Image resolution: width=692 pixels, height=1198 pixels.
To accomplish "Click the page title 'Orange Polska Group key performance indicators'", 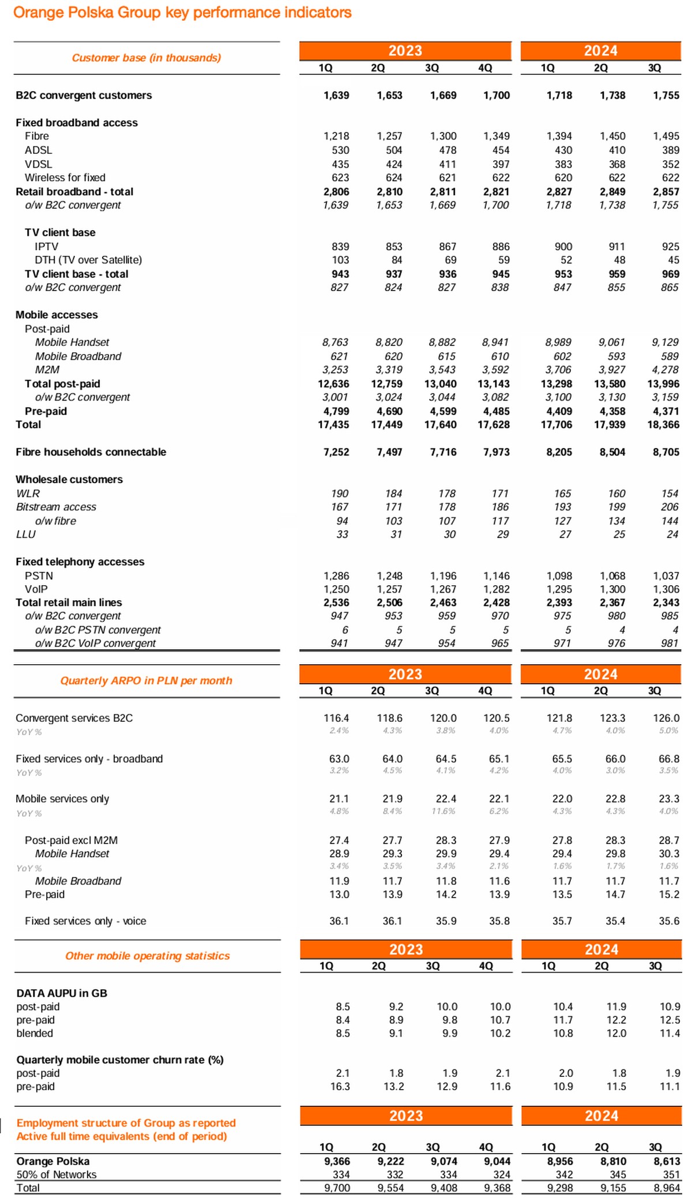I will [182, 13].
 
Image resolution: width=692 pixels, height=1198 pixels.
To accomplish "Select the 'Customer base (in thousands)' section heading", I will [146, 58].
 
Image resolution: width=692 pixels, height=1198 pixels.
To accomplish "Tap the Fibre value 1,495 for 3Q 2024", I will [666, 136].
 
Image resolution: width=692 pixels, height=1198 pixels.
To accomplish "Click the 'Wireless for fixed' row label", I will [65, 178].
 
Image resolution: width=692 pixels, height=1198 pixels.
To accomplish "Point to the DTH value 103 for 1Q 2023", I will [340, 260].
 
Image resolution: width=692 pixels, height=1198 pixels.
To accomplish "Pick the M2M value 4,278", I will [665, 370].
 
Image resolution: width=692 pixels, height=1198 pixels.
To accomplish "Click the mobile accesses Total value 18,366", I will [663, 425].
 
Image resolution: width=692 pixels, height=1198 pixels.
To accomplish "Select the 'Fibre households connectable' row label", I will [91, 452].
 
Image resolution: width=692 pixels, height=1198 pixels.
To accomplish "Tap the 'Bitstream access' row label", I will [56, 507].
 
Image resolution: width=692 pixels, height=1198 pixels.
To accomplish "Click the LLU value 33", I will [343, 534].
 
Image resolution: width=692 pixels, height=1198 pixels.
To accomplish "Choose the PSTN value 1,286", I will [336, 576].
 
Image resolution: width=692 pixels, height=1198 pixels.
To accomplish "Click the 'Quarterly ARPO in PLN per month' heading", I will [146, 681].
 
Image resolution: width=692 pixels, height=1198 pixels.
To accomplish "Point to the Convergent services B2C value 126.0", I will [666, 718].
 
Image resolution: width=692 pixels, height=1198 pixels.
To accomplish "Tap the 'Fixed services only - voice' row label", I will [85, 921].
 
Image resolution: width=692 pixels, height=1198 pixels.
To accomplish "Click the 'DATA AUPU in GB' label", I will [62, 993].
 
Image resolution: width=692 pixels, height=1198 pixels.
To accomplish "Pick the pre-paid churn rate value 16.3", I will [340, 1087].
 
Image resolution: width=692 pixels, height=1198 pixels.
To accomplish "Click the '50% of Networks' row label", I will [57, 1174].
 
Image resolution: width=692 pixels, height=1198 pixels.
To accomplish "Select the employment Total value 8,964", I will [667, 1188].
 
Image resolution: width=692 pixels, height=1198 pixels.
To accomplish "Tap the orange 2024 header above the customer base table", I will [601, 51].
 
